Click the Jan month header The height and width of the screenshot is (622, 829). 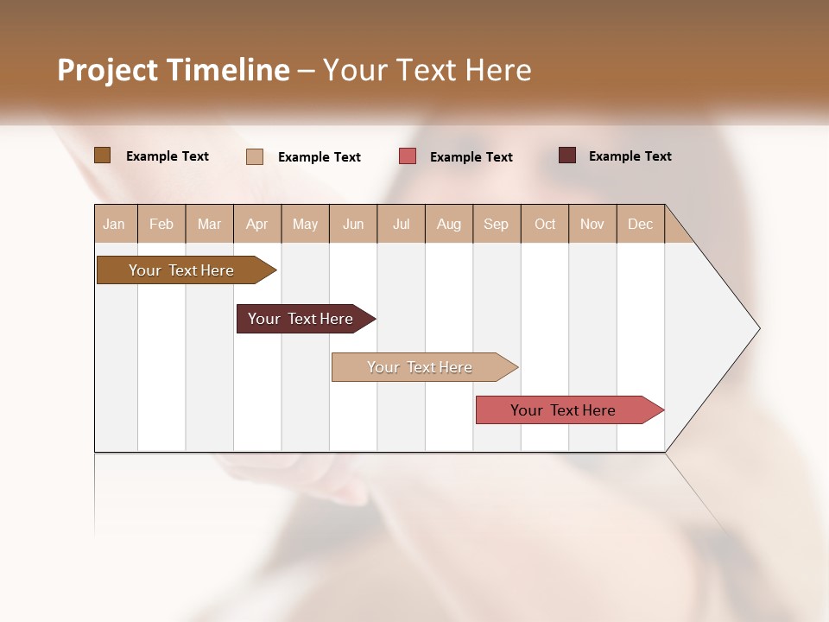pyautogui.click(x=114, y=224)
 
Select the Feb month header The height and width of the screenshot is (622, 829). pyautogui.click(x=161, y=224)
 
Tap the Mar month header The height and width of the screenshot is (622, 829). pyautogui.click(x=209, y=224)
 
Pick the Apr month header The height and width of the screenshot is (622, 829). pyautogui.click(x=257, y=224)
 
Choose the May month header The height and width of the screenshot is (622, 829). pyautogui.click(x=305, y=224)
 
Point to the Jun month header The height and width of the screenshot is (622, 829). pyautogui.click(x=353, y=224)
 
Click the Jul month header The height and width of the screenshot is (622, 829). pyautogui.click(x=401, y=224)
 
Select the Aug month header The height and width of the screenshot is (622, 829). pyautogui.click(x=449, y=224)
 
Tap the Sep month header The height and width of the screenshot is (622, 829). pyautogui.click(x=497, y=224)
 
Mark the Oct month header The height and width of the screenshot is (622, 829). pyautogui.click(x=545, y=224)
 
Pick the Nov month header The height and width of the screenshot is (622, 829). pyautogui.click(x=592, y=224)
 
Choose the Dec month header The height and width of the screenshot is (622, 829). pyautogui.click(x=641, y=224)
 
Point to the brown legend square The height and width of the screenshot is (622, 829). pyautogui.click(x=102, y=155)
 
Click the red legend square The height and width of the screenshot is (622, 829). pyautogui.click(x=408, y=156)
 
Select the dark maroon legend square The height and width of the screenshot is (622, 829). pyautogui.click(x=567, y=155)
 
